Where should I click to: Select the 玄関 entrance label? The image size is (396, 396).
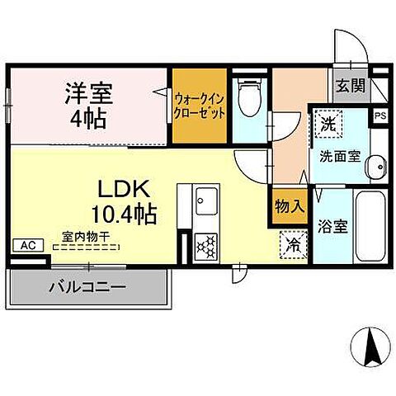(346, 85)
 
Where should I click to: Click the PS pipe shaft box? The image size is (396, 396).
(380, 116)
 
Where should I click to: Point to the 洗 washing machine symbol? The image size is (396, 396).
(328, 126)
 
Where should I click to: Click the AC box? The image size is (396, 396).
(26, 245)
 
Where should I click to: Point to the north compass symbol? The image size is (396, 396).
(370, 349)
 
